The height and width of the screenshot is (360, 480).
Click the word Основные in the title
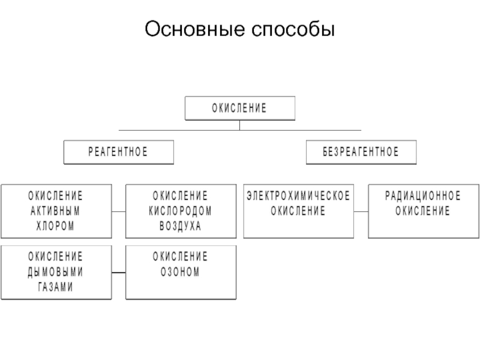(194, 29)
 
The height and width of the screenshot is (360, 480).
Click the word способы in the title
(293, 29)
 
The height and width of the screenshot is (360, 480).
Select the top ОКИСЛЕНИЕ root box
(240, 108)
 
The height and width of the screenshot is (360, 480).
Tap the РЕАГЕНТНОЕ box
(118, 152)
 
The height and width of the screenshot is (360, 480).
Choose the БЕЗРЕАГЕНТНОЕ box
(361, 152)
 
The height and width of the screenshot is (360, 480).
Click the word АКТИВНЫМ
(55, 211)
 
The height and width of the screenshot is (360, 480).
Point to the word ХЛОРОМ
(55, 226)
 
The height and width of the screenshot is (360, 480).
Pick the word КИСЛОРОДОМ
(181, 211)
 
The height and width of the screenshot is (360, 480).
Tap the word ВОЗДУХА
(181, 226)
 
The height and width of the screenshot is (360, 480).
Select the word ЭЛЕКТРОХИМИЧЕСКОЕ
(298, 196)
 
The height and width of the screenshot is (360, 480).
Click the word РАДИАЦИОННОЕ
(423, 196)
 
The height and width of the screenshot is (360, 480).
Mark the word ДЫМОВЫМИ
(55, 272)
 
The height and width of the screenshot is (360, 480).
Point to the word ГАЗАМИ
(55, 287)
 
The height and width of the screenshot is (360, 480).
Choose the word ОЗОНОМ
(181, 272)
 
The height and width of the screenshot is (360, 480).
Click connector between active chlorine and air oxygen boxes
(119, 211)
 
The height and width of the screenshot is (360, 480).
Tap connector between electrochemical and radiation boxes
(361, 211)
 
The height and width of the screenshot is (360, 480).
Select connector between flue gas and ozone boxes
(119, 272)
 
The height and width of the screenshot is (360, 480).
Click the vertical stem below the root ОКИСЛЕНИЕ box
(239, 125)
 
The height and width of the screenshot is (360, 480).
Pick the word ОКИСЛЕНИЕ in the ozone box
(181, 257)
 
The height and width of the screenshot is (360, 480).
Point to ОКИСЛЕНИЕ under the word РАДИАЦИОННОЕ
(423, 211)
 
